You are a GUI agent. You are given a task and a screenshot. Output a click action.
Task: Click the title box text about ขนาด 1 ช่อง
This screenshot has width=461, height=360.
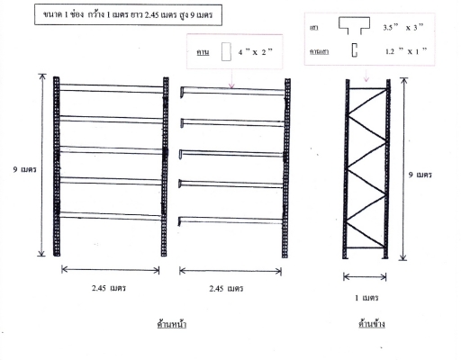(128, 14)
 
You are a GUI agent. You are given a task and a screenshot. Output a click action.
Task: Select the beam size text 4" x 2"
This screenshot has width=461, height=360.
(255, 52)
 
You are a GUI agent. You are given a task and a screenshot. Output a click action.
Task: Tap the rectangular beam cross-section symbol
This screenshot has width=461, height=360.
(226, 51)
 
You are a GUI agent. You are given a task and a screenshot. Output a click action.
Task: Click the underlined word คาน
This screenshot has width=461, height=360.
(203, 52)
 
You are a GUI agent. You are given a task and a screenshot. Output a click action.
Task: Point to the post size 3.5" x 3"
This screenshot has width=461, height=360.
(403, 27)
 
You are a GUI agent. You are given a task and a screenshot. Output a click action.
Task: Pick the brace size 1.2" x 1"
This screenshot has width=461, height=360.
(405, 51)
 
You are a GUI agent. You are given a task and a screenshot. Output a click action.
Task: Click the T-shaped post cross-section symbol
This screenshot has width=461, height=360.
(354, 25)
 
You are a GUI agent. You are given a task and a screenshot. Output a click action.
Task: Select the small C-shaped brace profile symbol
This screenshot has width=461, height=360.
(355, 50)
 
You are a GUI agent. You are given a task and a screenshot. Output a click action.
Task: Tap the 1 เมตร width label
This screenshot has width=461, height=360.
(366, 298)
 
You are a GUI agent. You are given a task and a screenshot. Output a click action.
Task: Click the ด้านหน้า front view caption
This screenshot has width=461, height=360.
(172, 324)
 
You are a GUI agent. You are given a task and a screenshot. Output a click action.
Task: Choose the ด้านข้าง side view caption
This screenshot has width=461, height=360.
(372, 324)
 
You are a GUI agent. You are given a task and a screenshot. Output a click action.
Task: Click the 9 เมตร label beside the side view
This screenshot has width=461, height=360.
(420, 175)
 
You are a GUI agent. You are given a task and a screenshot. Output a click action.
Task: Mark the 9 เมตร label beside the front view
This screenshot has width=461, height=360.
(24, 169)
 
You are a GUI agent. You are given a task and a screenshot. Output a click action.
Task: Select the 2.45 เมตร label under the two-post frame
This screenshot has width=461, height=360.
(109, 288)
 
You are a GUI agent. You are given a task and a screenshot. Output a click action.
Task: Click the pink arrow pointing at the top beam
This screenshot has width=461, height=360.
(231, 78)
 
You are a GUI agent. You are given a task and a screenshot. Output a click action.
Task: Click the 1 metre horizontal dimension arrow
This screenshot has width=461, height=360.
(365, 277)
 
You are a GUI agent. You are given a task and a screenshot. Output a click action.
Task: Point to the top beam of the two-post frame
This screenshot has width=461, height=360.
(112, 88)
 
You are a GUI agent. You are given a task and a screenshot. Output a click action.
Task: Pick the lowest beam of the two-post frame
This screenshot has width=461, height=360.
(111, 216)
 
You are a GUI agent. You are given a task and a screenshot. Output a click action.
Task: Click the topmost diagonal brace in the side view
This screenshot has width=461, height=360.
(367, 102)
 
